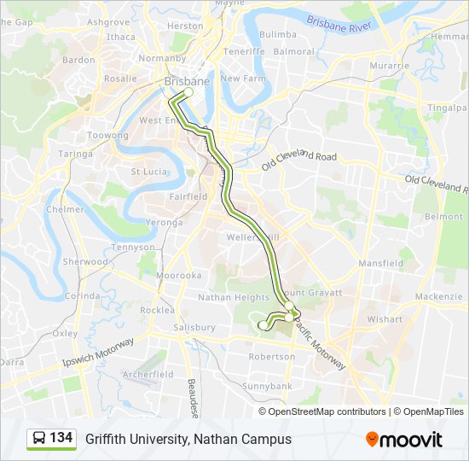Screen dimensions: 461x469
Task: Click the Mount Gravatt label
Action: tap(312, 292)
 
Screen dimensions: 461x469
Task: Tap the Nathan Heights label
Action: tap(233, 298)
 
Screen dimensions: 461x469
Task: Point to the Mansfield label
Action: tap(381, 264)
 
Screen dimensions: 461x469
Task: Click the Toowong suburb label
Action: tap(108, 136)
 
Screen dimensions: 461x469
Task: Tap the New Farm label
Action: tap(244, 78)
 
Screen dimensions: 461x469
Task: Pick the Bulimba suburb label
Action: tap(277, 34)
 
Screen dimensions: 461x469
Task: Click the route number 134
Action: tap(61, 438)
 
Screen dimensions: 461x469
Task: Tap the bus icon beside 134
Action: tap(39, 439)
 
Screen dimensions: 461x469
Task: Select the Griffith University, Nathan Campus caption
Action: tap(188, 439)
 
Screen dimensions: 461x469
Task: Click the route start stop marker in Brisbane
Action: tap(189, 92)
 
